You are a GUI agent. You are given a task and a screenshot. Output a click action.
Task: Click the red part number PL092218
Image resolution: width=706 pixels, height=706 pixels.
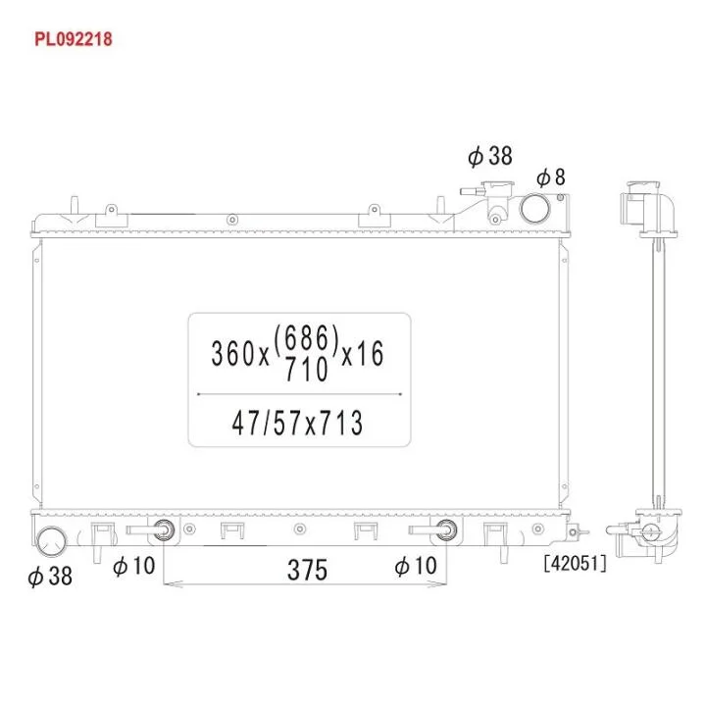pyautogui.click(x=74, y=39)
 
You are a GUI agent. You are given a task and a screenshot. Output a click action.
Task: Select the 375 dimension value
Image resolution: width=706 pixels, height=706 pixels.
pyautogui.click(x=307, y=570)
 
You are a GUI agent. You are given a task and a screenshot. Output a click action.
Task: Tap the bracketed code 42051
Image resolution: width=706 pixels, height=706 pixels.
pyautogui.click(x=575, y=563)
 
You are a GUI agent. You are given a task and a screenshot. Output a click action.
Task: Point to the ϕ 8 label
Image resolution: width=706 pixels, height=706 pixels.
pyautogui.click(x=551, y=176)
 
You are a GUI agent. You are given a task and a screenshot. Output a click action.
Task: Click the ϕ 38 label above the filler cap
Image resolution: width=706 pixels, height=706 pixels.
pyautogui.click(x=490, y=156)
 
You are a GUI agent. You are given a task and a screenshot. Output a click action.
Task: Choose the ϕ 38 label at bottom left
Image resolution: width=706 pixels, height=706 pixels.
pyautogui.click(x=50, y=576)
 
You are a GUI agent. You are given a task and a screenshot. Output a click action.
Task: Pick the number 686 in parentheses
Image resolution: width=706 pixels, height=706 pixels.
pyautogui.click(x=306, y=338)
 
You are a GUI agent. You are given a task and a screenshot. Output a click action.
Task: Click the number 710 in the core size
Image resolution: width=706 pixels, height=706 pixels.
pyautogui.click(x=307, y=370)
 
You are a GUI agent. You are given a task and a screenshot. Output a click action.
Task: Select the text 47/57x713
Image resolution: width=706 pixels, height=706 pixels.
pyautogui.click(x=297, y=424)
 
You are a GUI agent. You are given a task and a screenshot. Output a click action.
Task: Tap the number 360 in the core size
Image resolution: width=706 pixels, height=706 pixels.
pyautogui.click(x=233, y=353)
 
